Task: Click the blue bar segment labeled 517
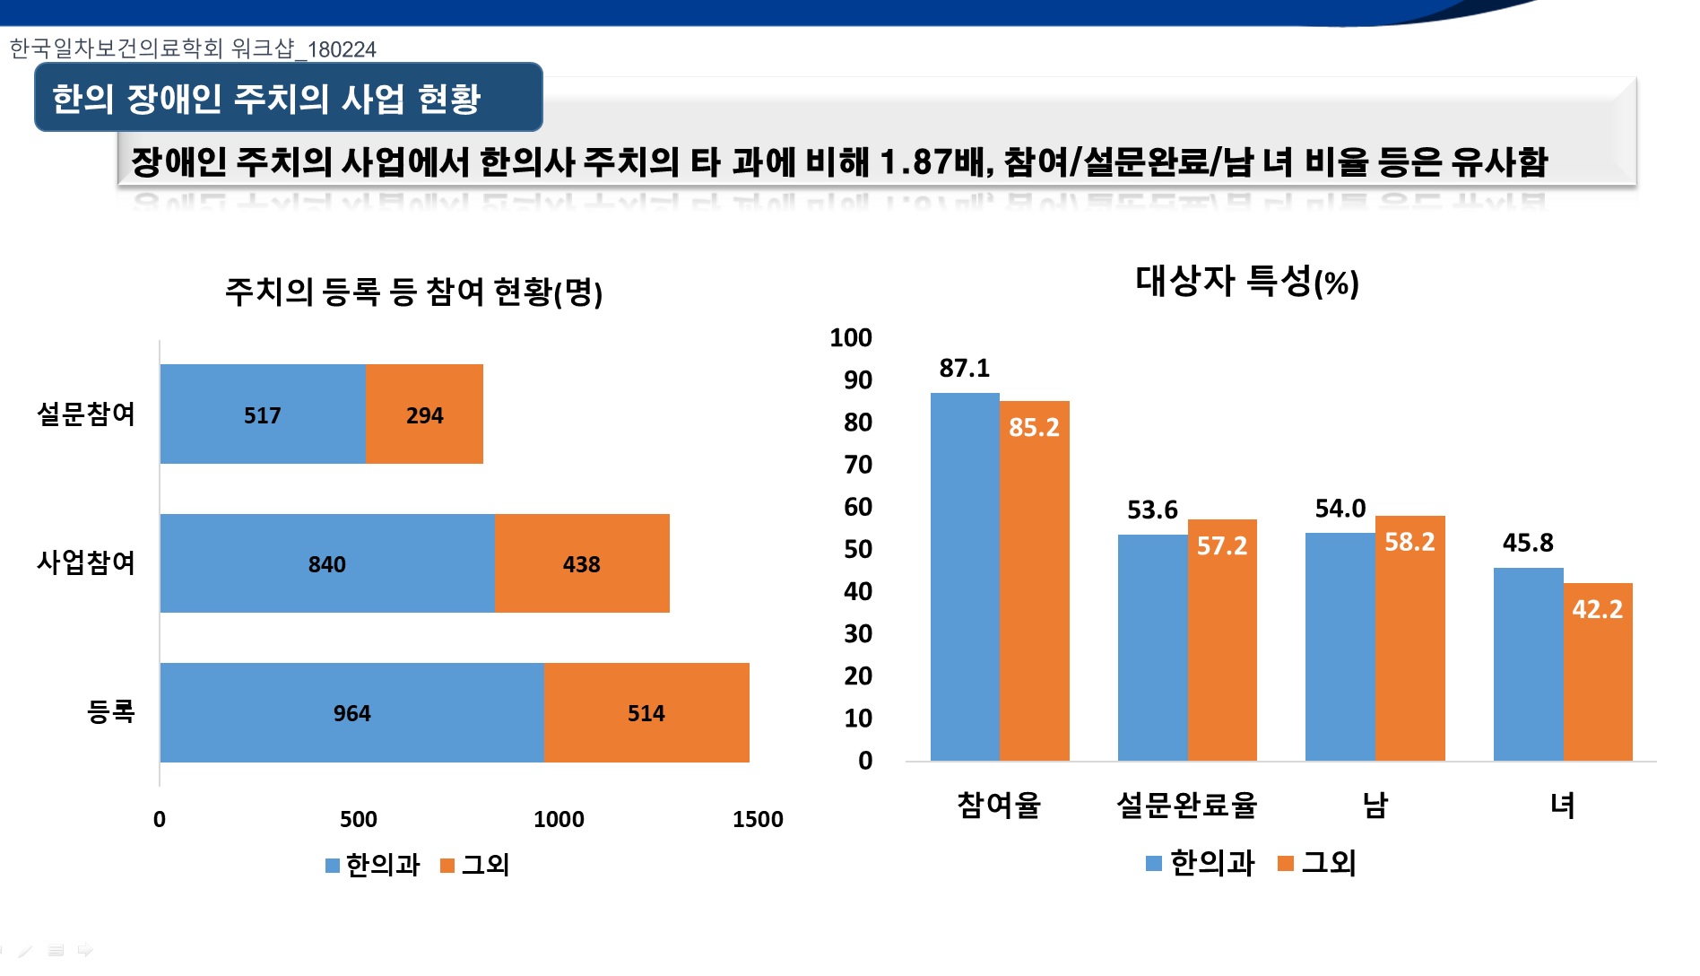[263, 414]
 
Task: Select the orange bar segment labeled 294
[424, 414]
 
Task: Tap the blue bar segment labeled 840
[327, 563]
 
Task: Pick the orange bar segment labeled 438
[582, 563]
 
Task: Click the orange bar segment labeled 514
[646, 713]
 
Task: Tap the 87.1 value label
[965, 368]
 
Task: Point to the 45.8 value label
[1528, 543]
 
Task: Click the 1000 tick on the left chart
[559, 819]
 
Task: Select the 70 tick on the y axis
[858, 465]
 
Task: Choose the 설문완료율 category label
[1186, 805]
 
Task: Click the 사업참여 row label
[86, 562]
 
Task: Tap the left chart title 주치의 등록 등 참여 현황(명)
[413, 292]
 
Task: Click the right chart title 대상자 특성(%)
[1247, 282]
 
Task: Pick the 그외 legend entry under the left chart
[476, 865]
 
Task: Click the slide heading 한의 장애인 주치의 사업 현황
[266, 98]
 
